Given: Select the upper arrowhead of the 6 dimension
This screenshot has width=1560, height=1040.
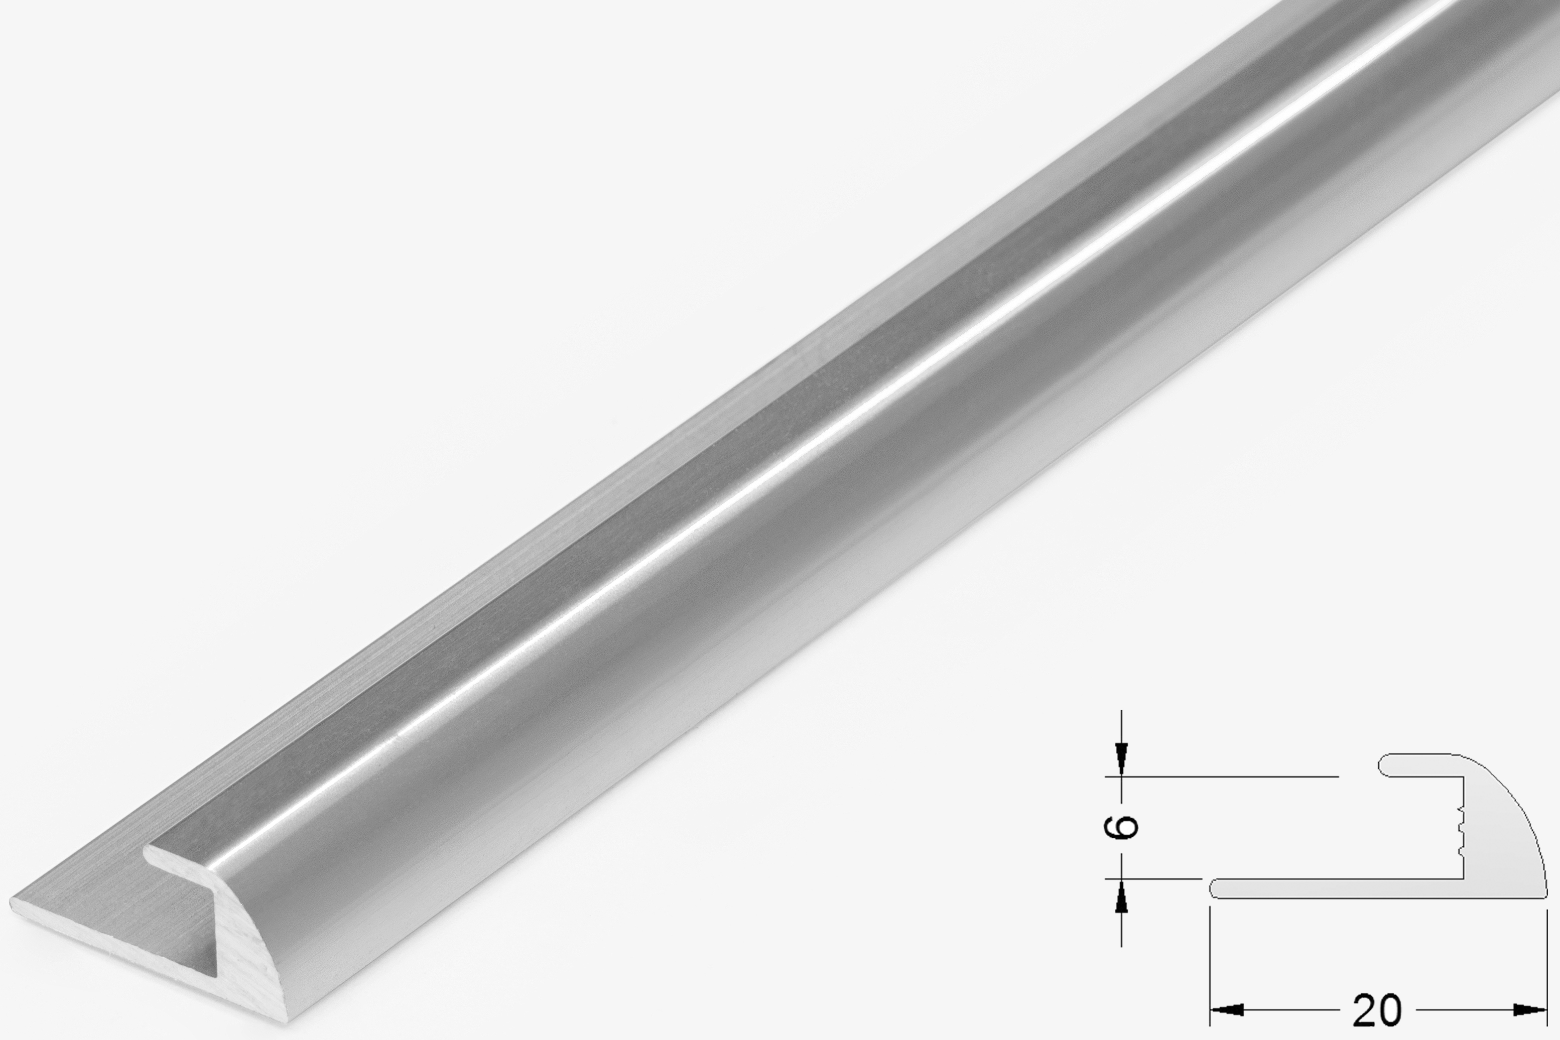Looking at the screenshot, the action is coord(1121,760).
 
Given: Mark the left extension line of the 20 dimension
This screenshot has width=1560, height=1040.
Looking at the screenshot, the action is coord(1211,966).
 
